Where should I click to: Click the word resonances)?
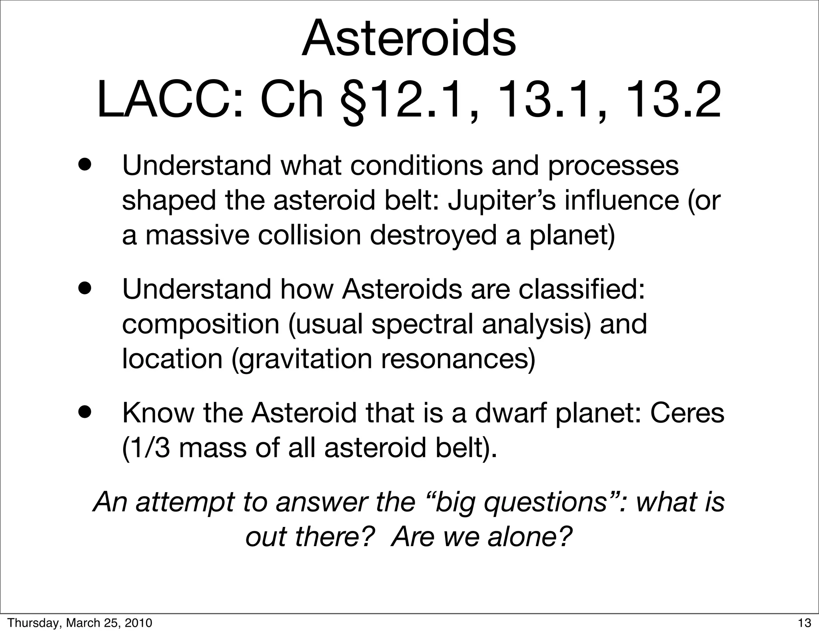pos(457,359)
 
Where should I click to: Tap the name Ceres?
pos(687,413)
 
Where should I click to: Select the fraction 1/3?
pos(146,448)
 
